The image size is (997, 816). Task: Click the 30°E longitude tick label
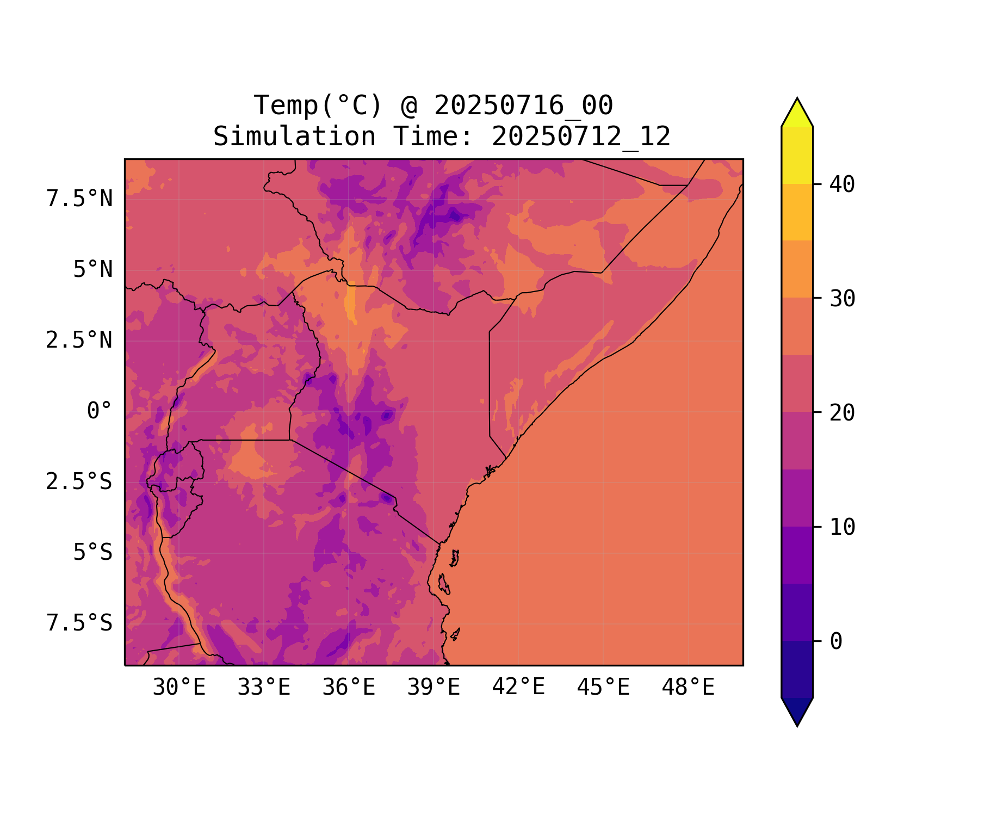pos(179,688)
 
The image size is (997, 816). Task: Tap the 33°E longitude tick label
pos(264,688)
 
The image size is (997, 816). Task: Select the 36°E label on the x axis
pos(349,688)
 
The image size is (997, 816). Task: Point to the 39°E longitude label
pos(434,688)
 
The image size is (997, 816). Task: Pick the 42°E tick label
pos(518,688)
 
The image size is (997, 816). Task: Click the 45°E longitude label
pos(603,688)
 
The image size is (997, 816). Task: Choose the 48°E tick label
pos(688,688)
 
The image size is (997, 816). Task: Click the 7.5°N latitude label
pos(79,199)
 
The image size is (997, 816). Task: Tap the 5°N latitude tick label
pos(93,270)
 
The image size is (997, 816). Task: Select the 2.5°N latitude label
pos(79,341)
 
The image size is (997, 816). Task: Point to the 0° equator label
pos(100,411)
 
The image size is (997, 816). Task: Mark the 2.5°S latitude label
pos(79,482)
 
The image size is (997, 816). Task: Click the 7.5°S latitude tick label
pos(79,623)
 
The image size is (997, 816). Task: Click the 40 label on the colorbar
pos(843,184)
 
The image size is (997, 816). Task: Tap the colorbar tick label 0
pos(836,642)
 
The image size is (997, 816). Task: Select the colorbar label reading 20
pos(843,413)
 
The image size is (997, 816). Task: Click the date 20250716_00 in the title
pos(523,106)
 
